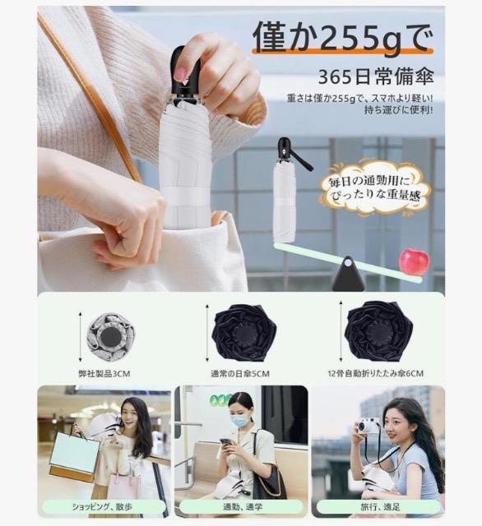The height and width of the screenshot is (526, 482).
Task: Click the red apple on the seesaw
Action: tap(414, 261)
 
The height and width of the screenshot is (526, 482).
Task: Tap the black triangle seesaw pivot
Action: tap(348, 275)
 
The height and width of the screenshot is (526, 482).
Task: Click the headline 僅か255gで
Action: tap(341, 37)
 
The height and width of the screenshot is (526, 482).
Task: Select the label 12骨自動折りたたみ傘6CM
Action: tap(375, 372)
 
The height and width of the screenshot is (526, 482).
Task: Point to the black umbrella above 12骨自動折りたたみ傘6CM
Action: tap(378, 331)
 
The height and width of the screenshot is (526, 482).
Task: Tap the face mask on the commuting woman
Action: tap(240, 419)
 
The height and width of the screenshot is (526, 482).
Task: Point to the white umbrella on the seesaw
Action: tap(285, 197)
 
